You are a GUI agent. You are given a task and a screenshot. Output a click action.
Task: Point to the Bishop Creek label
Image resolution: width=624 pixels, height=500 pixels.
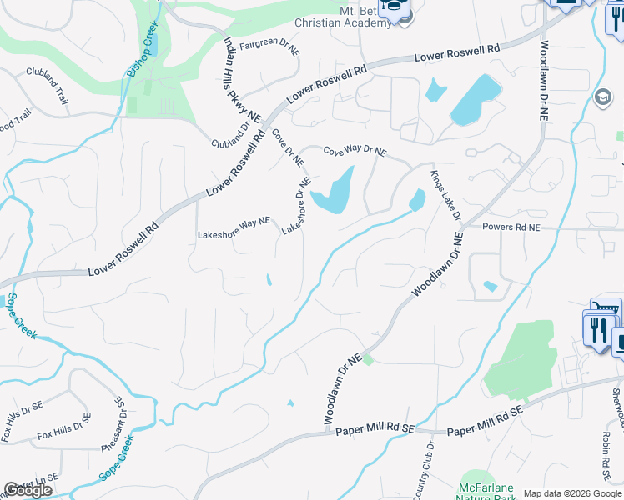tap(142, 50)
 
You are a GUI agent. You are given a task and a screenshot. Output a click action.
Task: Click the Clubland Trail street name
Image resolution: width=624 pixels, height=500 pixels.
tap(47, 82)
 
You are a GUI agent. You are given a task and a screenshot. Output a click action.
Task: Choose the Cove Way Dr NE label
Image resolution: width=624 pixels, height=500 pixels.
tap(355, 151)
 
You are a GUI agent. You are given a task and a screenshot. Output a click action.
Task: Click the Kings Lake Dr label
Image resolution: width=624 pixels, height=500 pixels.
tap(445, 195)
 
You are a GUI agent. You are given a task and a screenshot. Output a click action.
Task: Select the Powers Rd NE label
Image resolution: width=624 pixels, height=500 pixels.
tap(511, 227)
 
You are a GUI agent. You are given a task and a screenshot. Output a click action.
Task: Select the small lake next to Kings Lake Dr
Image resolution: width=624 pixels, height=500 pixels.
tap(417, 200)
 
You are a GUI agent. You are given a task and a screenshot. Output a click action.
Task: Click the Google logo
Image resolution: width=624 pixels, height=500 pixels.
tap(27, 490)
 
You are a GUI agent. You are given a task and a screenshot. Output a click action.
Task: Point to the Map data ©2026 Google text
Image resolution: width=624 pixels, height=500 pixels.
tap(572, 493)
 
